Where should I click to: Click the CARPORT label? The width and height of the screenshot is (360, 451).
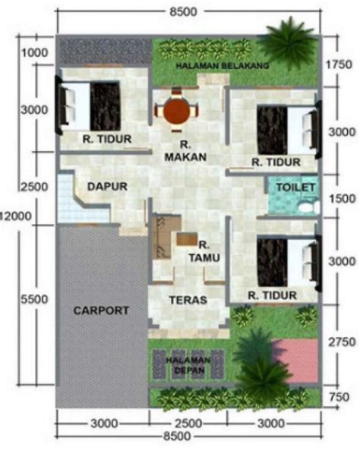(101, 310)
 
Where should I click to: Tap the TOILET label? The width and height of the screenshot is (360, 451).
(290, 186)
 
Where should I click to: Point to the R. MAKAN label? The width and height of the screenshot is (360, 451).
(179, 151)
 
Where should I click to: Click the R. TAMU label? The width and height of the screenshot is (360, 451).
(207, 252)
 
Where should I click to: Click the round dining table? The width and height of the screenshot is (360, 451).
(178, 111)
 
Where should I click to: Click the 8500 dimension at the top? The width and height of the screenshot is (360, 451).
(179, 11)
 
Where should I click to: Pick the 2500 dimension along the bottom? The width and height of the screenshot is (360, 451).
(189, 423)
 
